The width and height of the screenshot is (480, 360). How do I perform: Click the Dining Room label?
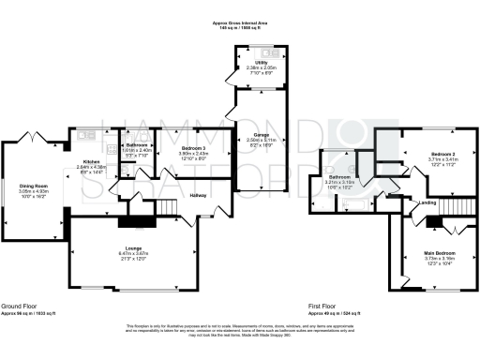[34, 186]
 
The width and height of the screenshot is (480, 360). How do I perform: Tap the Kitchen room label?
[90, 161]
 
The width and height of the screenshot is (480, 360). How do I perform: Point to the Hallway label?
[199, 195]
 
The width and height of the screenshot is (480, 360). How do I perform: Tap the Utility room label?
[248, 62]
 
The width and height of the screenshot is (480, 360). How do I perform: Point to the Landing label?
[427, 202]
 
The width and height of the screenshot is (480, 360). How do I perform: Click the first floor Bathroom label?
[338, 176]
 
